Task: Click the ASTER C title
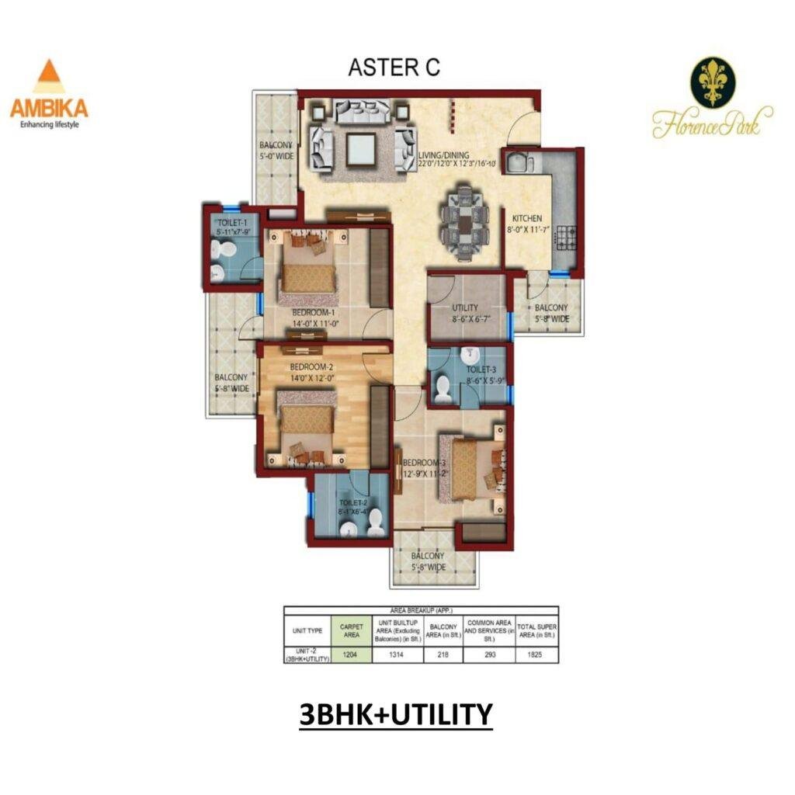[394, 68]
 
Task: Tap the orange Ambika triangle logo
[48, 78]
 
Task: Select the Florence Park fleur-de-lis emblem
[712, 82]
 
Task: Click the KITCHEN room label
[526, 218]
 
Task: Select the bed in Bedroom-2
[306, 423]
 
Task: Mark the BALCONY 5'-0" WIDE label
[276, 151]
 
